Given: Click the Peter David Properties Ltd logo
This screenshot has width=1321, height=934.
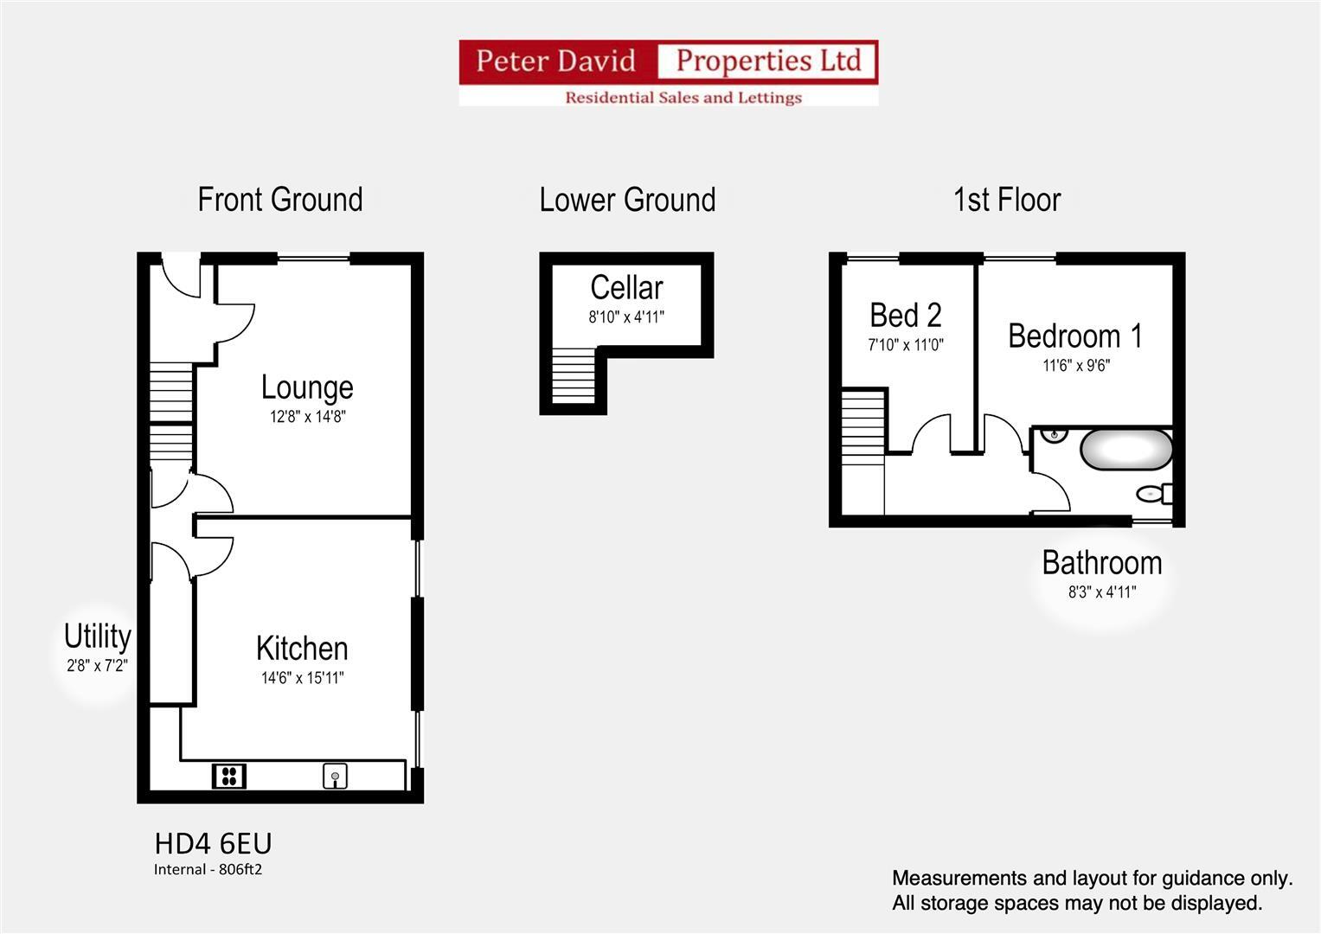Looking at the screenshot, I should click(x=668, y=73).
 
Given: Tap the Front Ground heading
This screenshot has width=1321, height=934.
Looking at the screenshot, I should click(x=279, y=200).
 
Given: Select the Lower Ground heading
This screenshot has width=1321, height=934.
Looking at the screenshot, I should click(x=627, y=200).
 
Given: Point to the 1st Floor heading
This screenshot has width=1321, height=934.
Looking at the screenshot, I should click(x=1006, y=200).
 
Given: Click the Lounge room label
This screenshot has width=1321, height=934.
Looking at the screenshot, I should click(x=307, y=387).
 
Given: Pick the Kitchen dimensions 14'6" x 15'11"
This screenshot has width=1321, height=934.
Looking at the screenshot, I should click(x=302, y=678).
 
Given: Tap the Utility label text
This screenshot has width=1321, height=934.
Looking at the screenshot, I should click(x=97, y=637).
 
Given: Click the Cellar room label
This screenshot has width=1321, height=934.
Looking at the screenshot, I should click(x=626, y=287).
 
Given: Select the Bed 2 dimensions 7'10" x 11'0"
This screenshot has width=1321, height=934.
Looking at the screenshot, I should click(x=905, y=345).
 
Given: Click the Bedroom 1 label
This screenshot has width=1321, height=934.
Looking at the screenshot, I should click(x=1074, y=336).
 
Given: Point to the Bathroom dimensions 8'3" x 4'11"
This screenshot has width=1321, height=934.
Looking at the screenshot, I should click(x=1101, y=592).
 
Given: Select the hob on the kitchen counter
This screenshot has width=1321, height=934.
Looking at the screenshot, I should click(x=229, y=776).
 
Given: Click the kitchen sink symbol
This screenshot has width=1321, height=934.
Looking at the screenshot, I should click(x=335, y=776).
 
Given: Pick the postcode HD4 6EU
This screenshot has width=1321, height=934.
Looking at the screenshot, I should click(x=213, y=843).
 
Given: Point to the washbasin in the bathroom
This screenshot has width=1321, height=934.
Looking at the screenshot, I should click(x=1053, y=435).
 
